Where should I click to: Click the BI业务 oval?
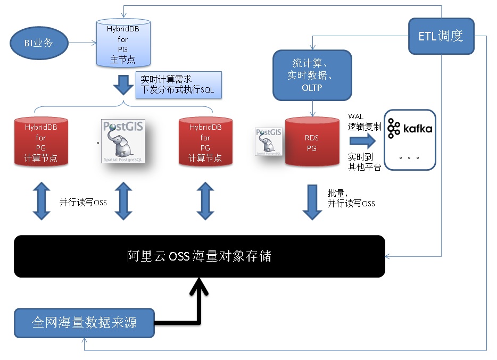pos(39,43)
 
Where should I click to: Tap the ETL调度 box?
pos(441,36)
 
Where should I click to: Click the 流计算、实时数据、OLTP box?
pos(312,75)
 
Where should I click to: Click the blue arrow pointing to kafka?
pos(362,141)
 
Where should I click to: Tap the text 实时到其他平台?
pos(364,162)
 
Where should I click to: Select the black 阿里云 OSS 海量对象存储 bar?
pos(199,256)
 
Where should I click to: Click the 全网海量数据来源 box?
pos(85,322)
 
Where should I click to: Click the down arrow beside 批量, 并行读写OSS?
pos(312,202)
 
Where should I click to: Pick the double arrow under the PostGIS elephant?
pos(123,201)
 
